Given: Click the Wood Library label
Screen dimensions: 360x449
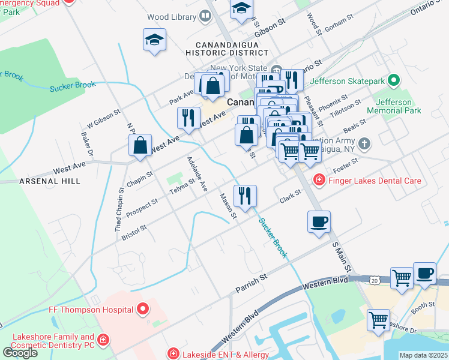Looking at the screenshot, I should click(167, 17).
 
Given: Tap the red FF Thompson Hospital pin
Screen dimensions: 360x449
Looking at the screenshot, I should click(143, 310).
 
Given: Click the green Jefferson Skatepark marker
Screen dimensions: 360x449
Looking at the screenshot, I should click(394, 80).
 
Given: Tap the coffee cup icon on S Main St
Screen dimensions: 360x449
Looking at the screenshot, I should click(319, 221).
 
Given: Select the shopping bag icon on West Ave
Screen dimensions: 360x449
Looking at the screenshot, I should click(140, 146).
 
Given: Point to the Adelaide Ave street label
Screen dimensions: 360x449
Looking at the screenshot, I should click(197, 174).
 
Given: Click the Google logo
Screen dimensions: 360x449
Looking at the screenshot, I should click(19, 352).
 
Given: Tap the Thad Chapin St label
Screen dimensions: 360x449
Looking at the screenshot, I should click(119, 209).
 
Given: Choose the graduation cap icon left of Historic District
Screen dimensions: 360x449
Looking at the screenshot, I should click(154, 40).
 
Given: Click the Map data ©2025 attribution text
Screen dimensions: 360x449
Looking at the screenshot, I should click(423, 355).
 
